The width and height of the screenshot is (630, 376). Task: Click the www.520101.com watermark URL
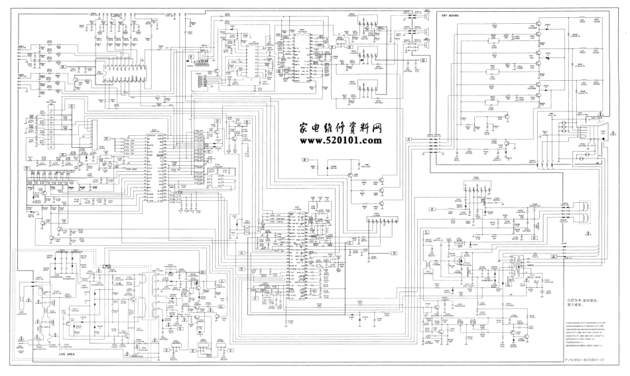coord(341,141)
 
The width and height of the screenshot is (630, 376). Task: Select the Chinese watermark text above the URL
coord(340,127)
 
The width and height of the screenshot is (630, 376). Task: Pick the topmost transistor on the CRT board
coord(538,26)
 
